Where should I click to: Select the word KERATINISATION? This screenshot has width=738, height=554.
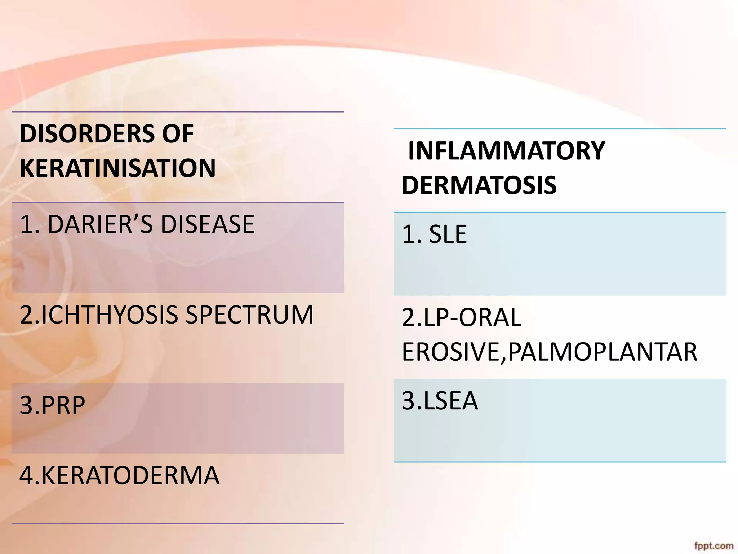pos(117,168)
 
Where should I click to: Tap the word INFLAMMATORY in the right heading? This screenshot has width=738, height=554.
pos(506,151)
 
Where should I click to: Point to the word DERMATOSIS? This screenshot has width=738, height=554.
pos(479,185)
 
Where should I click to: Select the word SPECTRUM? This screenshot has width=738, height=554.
pos(249,315)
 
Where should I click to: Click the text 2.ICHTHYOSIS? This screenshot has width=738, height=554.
pos(99,315)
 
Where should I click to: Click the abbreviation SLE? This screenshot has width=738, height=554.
pos(448,234)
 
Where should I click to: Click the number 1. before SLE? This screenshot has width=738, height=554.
pos(411,234)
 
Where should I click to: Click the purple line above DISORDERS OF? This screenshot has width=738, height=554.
pos(178,112)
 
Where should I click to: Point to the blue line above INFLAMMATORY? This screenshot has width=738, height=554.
pos(560,129)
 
